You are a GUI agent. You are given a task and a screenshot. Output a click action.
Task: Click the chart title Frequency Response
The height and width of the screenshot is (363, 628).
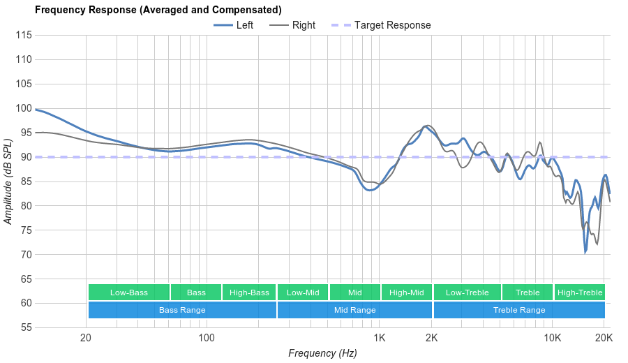(x=158, y=10)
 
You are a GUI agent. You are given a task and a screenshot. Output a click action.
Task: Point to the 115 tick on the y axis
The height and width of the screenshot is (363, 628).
(x=23, y=35)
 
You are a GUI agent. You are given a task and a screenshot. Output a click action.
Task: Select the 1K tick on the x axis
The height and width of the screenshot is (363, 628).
(x=380, y=338)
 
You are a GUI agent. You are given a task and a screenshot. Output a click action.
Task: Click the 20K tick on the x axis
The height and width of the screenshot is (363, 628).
(x=604, y=338)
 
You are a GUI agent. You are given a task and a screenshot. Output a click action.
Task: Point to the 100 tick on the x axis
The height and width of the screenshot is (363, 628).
(x=207, y=338)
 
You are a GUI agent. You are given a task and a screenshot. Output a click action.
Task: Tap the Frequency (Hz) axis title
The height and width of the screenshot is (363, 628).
(x=322, y=353)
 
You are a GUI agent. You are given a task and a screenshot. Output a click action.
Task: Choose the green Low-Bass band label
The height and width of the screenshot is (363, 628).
(x=128, y=292)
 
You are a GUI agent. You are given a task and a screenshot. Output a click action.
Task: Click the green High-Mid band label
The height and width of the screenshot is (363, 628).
(x=406, y=292)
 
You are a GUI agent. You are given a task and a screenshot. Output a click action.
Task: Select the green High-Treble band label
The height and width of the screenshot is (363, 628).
(x=579, y=292)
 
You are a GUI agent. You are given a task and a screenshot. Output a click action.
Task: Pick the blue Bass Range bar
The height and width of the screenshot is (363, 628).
(x=182, y=310)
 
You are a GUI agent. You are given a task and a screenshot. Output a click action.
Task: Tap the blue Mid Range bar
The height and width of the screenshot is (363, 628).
(x=354, y=310)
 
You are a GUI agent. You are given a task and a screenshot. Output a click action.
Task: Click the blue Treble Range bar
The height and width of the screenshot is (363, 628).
(x=519, y=310)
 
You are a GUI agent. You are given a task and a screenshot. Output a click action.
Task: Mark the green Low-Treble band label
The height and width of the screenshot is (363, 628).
(x=467, y=292)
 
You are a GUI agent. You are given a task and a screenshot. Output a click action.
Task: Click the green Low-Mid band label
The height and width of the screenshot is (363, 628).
(x=303, y=292)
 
